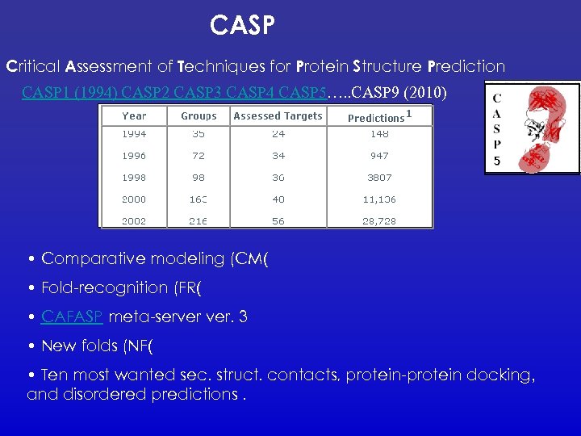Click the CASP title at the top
(x=243, y=26)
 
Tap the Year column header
(x=134, y=116)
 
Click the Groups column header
(x=199, y=116)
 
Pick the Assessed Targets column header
(x=278, y=116)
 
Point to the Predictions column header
(x=376, y=118)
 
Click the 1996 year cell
(x=134, y=156)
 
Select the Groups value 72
(x=199, y=156)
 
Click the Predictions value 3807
(x=379, y=178)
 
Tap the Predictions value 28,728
(x=379, y=220)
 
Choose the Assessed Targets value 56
(x=278, y=220)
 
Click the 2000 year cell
(x=134, y=199)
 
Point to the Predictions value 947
(x=379, y=156)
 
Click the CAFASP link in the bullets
(x=72, y=317)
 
